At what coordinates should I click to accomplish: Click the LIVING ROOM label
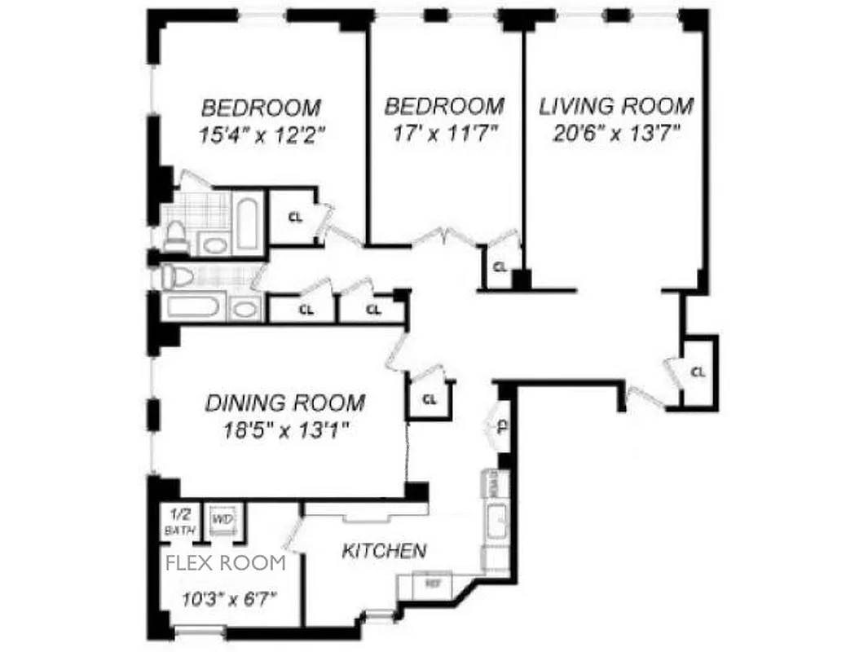click(616, 106)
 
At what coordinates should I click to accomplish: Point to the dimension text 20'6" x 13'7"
click(616, 133)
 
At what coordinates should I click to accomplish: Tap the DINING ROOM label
click(284, 403)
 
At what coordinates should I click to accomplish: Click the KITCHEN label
click(383, 551)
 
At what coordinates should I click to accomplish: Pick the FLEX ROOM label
click(226, 562)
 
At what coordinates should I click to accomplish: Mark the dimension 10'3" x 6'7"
click(230, 598)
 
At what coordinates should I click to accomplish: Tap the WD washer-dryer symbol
click(219, 519)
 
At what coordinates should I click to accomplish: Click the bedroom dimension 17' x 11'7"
click(444, 133)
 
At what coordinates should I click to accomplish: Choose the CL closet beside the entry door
click(698, 372)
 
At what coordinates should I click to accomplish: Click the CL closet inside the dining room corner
click(430, 400)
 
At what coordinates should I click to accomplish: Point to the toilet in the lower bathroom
click(176, 277)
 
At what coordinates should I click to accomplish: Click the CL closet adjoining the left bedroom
click(296, 217)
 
